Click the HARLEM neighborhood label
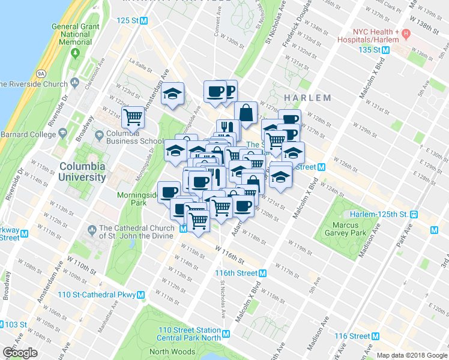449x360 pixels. click(x=307, y=97)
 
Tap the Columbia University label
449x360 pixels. click(x=82, y=171)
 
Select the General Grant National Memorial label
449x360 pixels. click(x=74, y=34)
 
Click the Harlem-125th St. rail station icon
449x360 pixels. click(x=414, y=214)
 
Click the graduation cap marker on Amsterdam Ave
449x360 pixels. click(x=173, y=94)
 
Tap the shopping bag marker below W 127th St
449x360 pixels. click(x=246, y=112)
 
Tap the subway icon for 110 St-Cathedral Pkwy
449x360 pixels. click(x=140, y=295)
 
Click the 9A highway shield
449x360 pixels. click(x=41, y=73)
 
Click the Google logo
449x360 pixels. click(x=20, y=352)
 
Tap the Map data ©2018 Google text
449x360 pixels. click(x=412, y=355)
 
